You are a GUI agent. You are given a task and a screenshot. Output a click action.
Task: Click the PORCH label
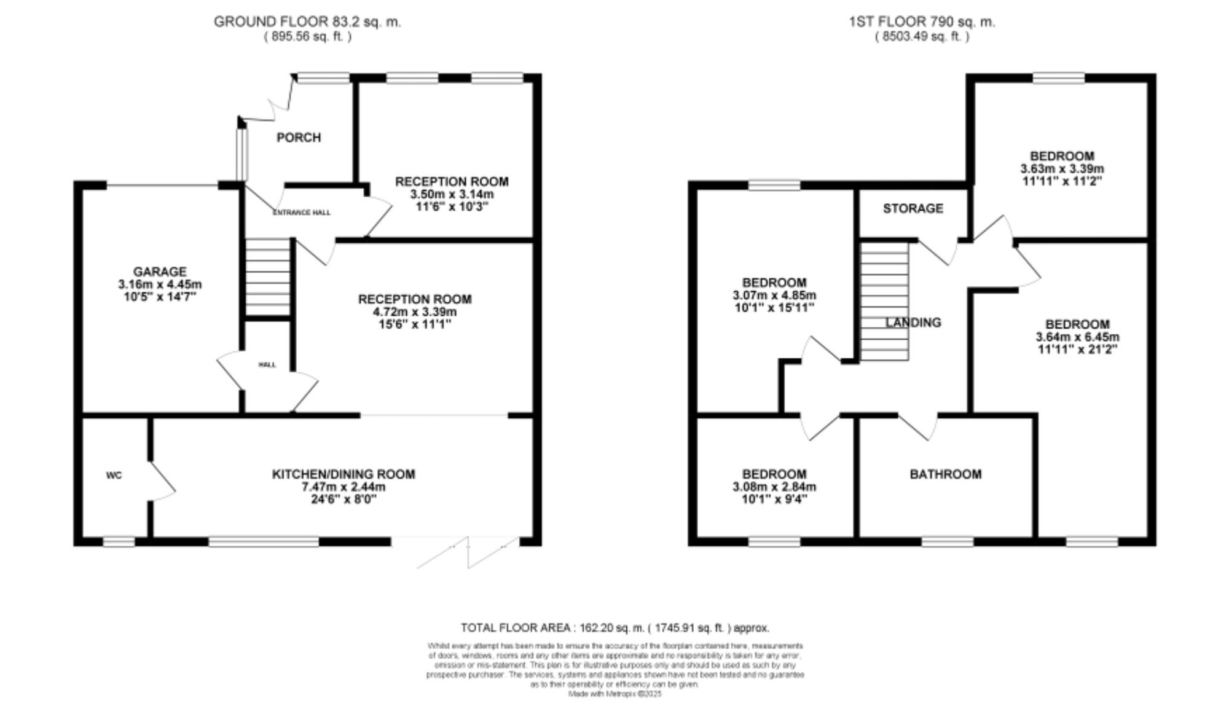(299, 138)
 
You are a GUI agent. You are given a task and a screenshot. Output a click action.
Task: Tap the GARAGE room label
(160, 272)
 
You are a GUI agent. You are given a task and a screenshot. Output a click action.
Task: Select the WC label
(114, 476)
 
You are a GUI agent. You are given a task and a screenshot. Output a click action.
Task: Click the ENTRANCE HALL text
(301, 213)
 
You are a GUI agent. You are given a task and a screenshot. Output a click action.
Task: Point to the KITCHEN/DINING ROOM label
(344, 474)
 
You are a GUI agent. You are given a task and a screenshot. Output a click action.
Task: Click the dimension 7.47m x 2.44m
(344, 487)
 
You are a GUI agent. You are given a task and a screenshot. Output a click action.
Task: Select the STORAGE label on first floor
(913, 209)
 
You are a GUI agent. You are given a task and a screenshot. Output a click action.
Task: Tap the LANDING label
(913, 323)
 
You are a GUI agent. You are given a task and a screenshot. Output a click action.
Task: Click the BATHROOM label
(945, 474)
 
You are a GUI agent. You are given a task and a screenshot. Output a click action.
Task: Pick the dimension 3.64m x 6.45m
(1077, 337)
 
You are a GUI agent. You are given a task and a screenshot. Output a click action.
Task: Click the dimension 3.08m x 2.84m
(774, 487)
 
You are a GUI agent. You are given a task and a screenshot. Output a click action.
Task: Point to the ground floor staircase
(268, 277)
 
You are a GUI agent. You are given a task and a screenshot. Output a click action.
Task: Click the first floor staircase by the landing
(884, 301)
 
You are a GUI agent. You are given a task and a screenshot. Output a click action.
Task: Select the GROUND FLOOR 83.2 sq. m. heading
(307, 22)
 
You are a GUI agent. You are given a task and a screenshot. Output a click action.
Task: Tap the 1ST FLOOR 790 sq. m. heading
(922, 22)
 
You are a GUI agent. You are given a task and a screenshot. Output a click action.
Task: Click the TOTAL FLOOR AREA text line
(614, 628)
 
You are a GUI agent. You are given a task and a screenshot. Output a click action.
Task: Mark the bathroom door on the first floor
(919, 426)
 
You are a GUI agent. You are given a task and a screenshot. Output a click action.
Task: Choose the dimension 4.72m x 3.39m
(415, 312)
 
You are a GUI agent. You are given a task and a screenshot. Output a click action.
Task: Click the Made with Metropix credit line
(614, 694)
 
